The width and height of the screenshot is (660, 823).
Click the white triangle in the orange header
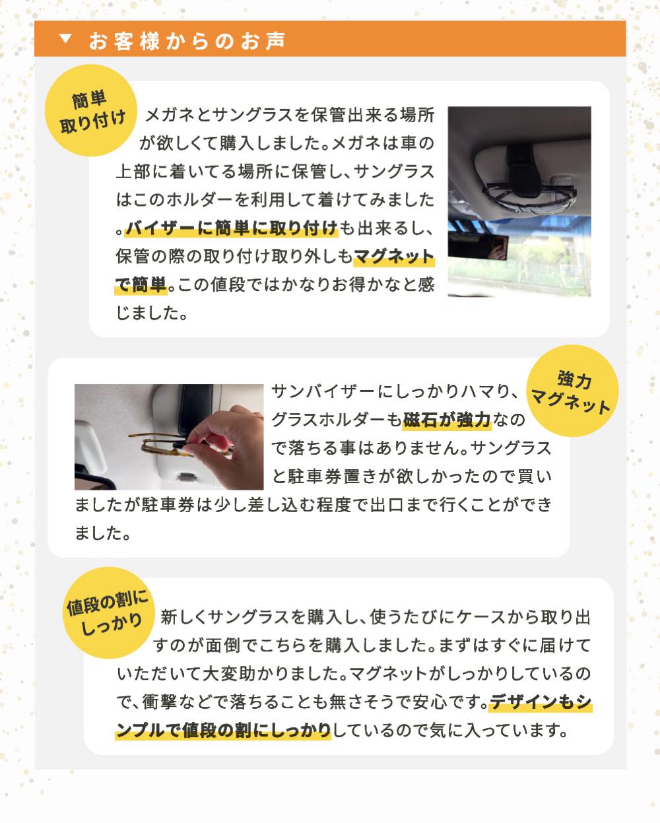[x=65, y=38]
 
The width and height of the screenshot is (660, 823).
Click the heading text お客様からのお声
[x=187, y=41]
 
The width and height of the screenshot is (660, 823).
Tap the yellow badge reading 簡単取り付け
[x=91, y=110]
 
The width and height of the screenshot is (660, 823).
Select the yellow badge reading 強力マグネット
[x=572, y=391]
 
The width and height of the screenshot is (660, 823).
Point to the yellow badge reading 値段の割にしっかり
[x=109, y=612]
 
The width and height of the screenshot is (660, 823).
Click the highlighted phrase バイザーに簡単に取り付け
[x=232, y=228]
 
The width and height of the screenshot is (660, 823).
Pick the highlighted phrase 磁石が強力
[x=447, y=420]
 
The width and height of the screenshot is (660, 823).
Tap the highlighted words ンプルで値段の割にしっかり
[x=223, y=731]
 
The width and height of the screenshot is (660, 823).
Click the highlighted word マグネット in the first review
[x=394, y=256]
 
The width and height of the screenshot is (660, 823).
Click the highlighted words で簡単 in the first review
[x=141, y=284]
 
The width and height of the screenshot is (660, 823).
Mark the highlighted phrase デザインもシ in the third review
[x=541, y=702]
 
